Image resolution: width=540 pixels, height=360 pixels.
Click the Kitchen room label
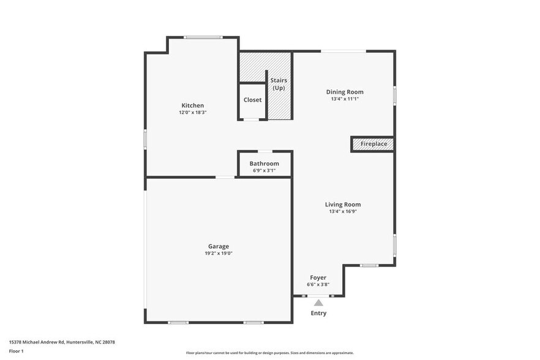coord(192,105)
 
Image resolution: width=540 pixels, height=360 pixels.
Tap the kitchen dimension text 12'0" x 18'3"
coord(192,113)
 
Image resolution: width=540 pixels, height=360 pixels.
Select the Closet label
coord(252,100)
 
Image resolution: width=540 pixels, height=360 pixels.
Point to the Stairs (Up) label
coord(279,84)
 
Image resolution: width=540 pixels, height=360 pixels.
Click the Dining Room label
coord(348,92)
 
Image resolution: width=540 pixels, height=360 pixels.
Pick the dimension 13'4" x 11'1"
coord(348,99)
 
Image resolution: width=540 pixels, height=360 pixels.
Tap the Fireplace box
coord(373,144)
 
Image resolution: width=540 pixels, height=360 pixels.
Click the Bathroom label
coord(264,163)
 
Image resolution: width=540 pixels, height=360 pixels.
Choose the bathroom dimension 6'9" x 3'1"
coord(264,170)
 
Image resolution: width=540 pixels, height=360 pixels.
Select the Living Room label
coord(342,204)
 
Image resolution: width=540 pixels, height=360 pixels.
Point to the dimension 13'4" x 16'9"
coord(342,211)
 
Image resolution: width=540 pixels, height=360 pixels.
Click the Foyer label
coord(318,277)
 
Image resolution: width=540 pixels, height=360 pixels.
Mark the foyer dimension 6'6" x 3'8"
coord(318,284)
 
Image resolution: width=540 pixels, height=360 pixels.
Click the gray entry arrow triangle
coord(318,302)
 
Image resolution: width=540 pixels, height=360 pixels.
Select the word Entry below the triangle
coord(318,313)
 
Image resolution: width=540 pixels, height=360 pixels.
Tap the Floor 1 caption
coord(16,351)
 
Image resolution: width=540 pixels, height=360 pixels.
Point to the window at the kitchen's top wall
coord(203,37)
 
